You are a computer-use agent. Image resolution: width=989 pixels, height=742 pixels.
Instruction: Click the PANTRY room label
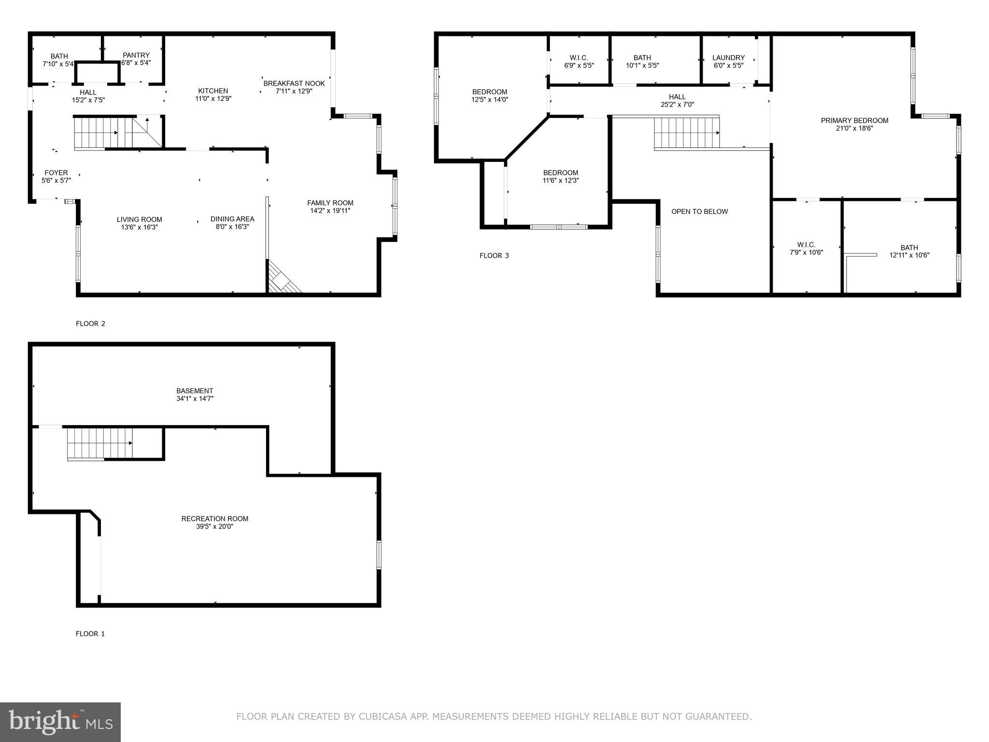pyautogui.click(x=136, y=55)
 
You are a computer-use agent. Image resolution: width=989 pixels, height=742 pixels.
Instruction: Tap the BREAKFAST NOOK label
pyautogui.click(x=294, y=83)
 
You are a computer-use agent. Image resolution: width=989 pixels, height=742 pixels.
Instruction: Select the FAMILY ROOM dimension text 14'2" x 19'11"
pyautogui.click(x=330, y=211)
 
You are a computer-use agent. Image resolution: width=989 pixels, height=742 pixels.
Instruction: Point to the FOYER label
pyautogui.click(x=56, y=172)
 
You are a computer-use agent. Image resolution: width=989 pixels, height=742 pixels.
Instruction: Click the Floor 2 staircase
pyautogui.click(x=103, y=133)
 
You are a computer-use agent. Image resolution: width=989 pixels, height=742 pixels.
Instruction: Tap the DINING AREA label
pyautogui.click(x=232, y=219)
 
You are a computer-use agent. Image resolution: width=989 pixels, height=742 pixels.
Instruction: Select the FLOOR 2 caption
pyautogui.click(x=90, y=324)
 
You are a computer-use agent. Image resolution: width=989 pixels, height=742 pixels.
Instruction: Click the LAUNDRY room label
pyautogui.click(x=728, y=57)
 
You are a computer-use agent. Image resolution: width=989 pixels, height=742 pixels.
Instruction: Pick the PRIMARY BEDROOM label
pyautogui.click(x=854, y=120)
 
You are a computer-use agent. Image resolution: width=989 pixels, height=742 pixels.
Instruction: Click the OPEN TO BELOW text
pyautogui.click(x=699, y=212)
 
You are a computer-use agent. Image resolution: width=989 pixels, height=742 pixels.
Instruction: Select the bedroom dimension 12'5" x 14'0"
pyautogui.click(x=490, y=100)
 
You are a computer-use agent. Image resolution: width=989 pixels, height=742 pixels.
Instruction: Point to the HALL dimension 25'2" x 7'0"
pyautogui.click(x=677, y=104)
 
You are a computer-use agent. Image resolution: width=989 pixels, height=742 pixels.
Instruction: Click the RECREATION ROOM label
pyautogui.click(x=215, y=519)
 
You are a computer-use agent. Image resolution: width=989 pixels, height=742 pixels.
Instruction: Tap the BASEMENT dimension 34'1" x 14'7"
pyautogui.click(x=195, y=399)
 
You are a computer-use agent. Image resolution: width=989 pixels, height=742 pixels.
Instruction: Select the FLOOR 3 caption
pyautogui.click(x=494, y=256)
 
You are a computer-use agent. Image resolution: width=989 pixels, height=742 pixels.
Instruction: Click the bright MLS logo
pyautogui.click(x=60, y=722)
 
